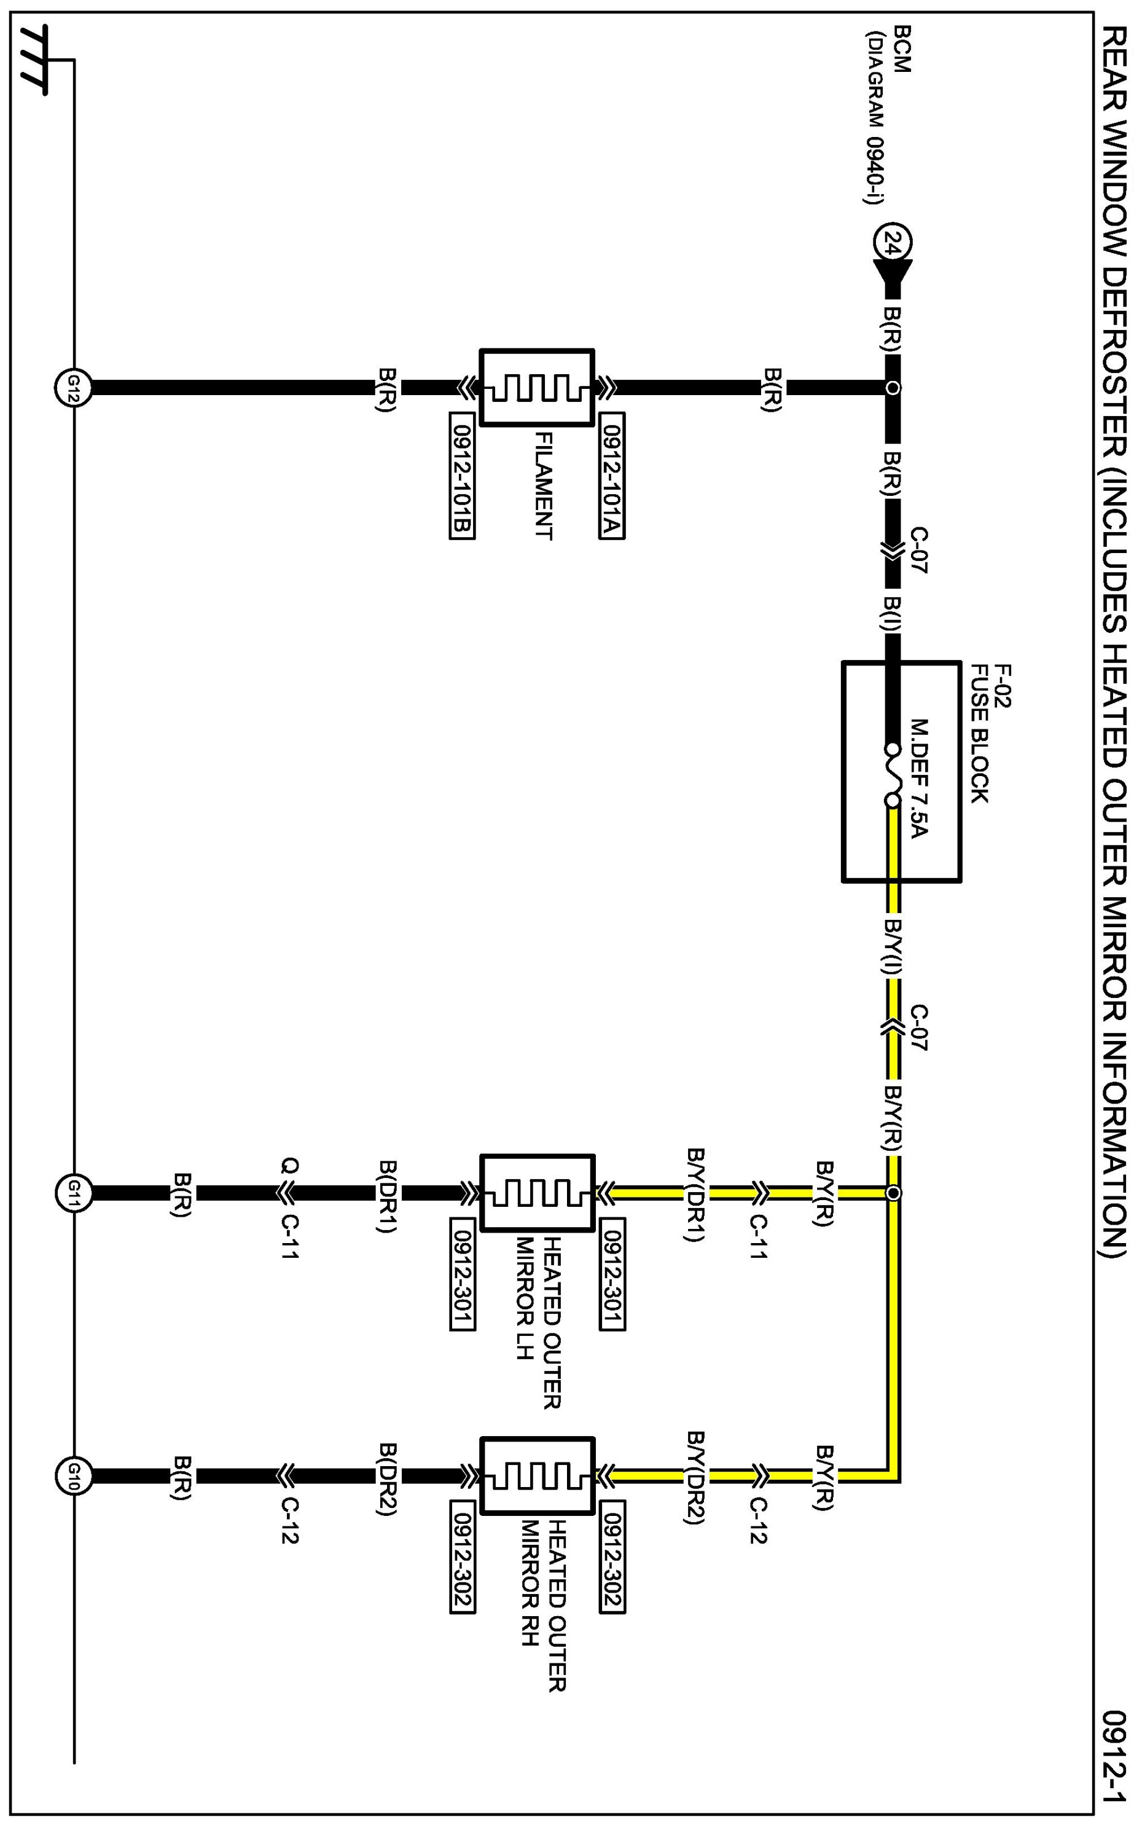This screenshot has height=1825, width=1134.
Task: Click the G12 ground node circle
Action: tap(72, 388)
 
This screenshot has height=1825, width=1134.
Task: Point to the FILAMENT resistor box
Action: tap(537, 388)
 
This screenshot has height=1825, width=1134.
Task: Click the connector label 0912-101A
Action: tap(612, 476)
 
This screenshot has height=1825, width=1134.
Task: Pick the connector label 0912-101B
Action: tap(462, 476)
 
